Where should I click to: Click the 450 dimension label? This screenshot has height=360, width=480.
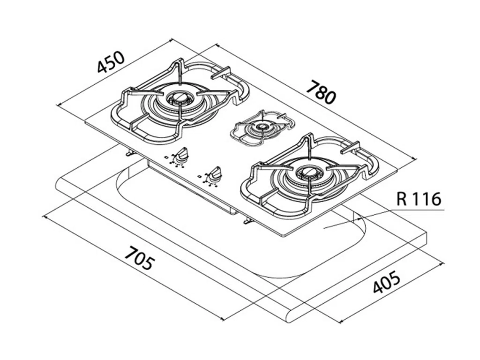tap(111, 61)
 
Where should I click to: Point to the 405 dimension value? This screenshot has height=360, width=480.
tap(387, 281)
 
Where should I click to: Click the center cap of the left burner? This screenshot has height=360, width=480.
tap(180, 98)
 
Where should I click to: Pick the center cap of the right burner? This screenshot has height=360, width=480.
tap(309, 173)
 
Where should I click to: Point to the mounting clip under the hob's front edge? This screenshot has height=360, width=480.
tap(247, 221)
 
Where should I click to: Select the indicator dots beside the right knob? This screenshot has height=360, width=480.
tap(204, 180)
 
